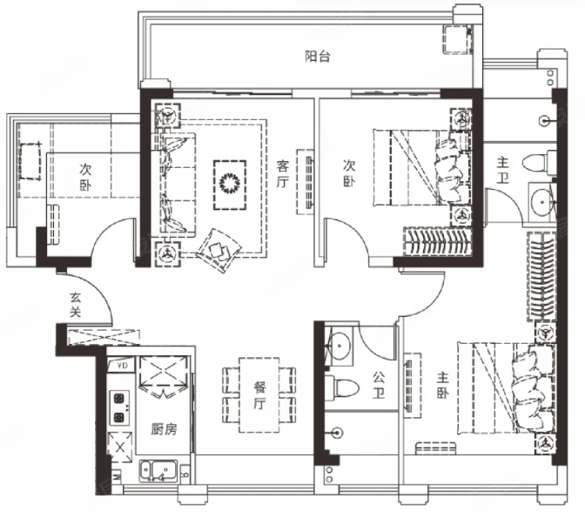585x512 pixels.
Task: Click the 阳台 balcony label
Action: click(318, 57)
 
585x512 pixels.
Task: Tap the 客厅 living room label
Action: click(283, 174)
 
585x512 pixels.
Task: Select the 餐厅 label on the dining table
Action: click(259, 395)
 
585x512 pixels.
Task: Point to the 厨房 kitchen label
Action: click(164, 429)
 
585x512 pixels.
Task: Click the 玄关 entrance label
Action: click(76, 305)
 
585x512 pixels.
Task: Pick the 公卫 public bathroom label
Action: click(378, 385)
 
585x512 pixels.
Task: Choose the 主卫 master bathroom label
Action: click(502, 170)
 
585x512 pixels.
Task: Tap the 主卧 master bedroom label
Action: click(442, 386)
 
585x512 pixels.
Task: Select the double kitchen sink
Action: click(158, 471)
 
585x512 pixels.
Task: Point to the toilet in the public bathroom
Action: click(341, 387)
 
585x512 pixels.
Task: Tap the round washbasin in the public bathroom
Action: click(339, 346)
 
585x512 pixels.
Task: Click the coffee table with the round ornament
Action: click(230, 185)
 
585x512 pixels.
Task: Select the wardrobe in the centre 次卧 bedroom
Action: click(436, 241)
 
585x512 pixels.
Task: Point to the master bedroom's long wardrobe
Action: click(541, 276)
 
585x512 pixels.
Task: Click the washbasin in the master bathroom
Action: click(541, 202)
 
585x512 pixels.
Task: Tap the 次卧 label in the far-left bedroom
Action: click(85, 178)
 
